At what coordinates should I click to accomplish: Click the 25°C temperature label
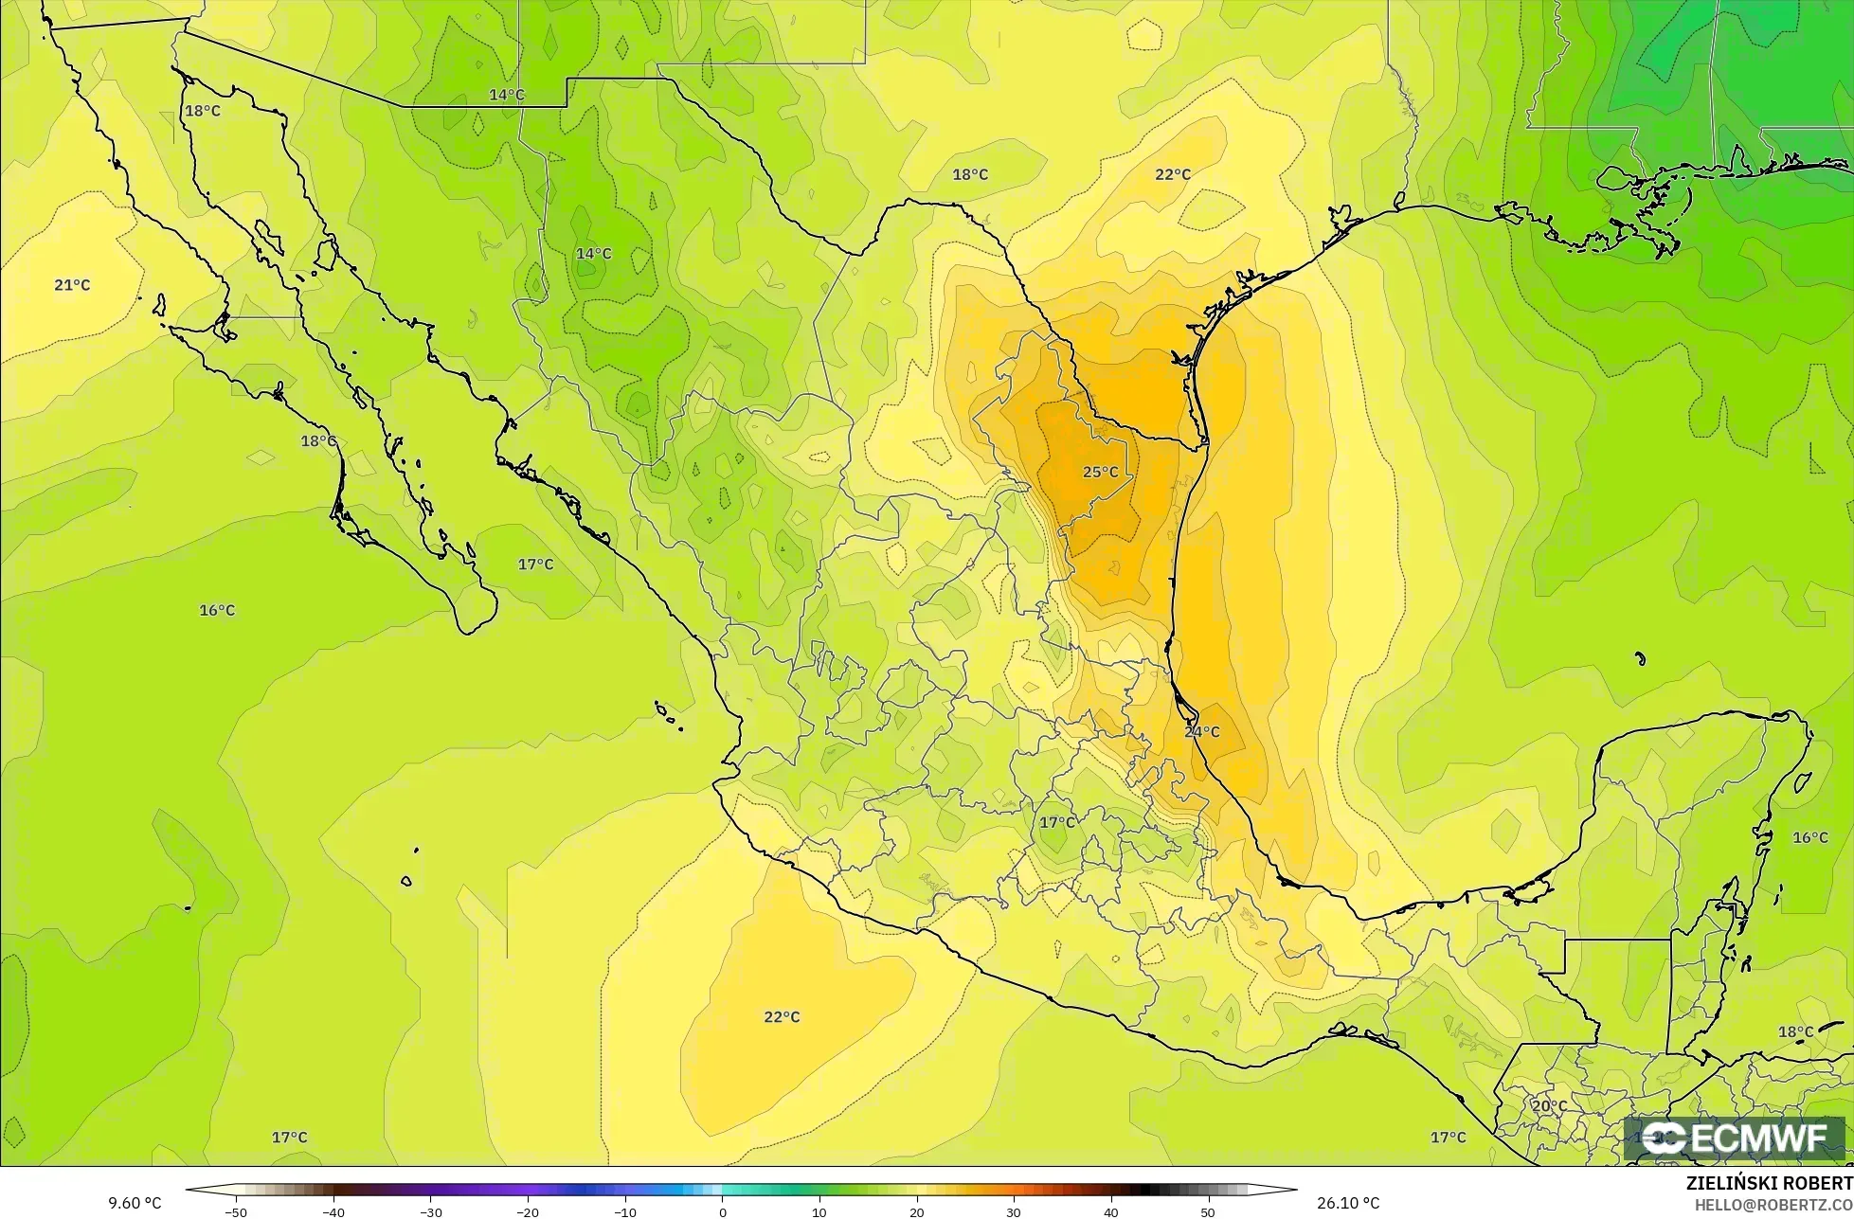point(1100,472)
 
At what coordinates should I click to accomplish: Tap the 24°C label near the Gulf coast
point(1201,732)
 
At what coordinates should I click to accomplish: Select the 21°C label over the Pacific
point(72,285)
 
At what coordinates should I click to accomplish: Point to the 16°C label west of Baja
point(217,610)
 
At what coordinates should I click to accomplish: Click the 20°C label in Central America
point(1549,1105)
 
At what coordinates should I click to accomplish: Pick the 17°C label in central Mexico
point(1057,822)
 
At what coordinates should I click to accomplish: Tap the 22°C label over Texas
point(1172,174)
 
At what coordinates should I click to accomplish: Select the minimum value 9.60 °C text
point(135,1204)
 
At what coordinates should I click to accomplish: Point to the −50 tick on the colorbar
point(236,1212)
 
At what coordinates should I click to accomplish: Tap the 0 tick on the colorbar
point(722,1212)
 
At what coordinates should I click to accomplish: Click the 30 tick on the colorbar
point(1014,1212)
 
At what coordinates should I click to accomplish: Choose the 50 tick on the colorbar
point(1208,1212)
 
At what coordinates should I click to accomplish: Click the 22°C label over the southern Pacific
point(782,1017)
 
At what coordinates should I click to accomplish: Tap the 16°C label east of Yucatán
point(1809,837)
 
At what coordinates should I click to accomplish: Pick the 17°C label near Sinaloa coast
point(535,565)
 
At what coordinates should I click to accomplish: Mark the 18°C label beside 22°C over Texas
point(969,174)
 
